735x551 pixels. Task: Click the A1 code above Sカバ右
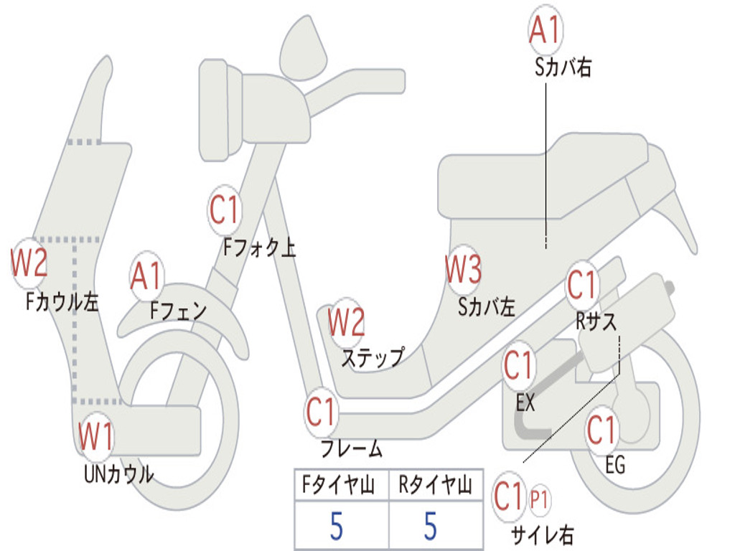click(x=545, y=31)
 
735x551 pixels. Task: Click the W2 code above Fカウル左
click(x=29, y=263)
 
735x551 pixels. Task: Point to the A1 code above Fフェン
click(x=147, y=276)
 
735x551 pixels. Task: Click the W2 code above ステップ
click(x=347, y=322)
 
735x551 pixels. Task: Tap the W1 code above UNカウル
click(x=96, y=437)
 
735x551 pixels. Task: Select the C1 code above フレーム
click(x=322, y=412)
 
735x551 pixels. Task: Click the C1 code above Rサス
click(x=582, y=286)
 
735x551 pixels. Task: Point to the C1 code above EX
click(x=519, y=366)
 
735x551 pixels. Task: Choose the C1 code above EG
click(x=601, y=430)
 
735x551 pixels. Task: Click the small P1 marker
click(x=539, y=499)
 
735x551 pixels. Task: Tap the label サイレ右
click(x=542, y=534)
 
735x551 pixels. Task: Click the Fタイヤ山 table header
click(x=341, y=486)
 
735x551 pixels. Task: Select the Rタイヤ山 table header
click(x=435, y=486)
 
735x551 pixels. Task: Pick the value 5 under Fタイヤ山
click(x=337, y=526)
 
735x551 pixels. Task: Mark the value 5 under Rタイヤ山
click(x=430, y=526)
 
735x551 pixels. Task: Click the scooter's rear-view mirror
click(x=302, y=48)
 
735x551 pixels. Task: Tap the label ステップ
click(x=372, y=357)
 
